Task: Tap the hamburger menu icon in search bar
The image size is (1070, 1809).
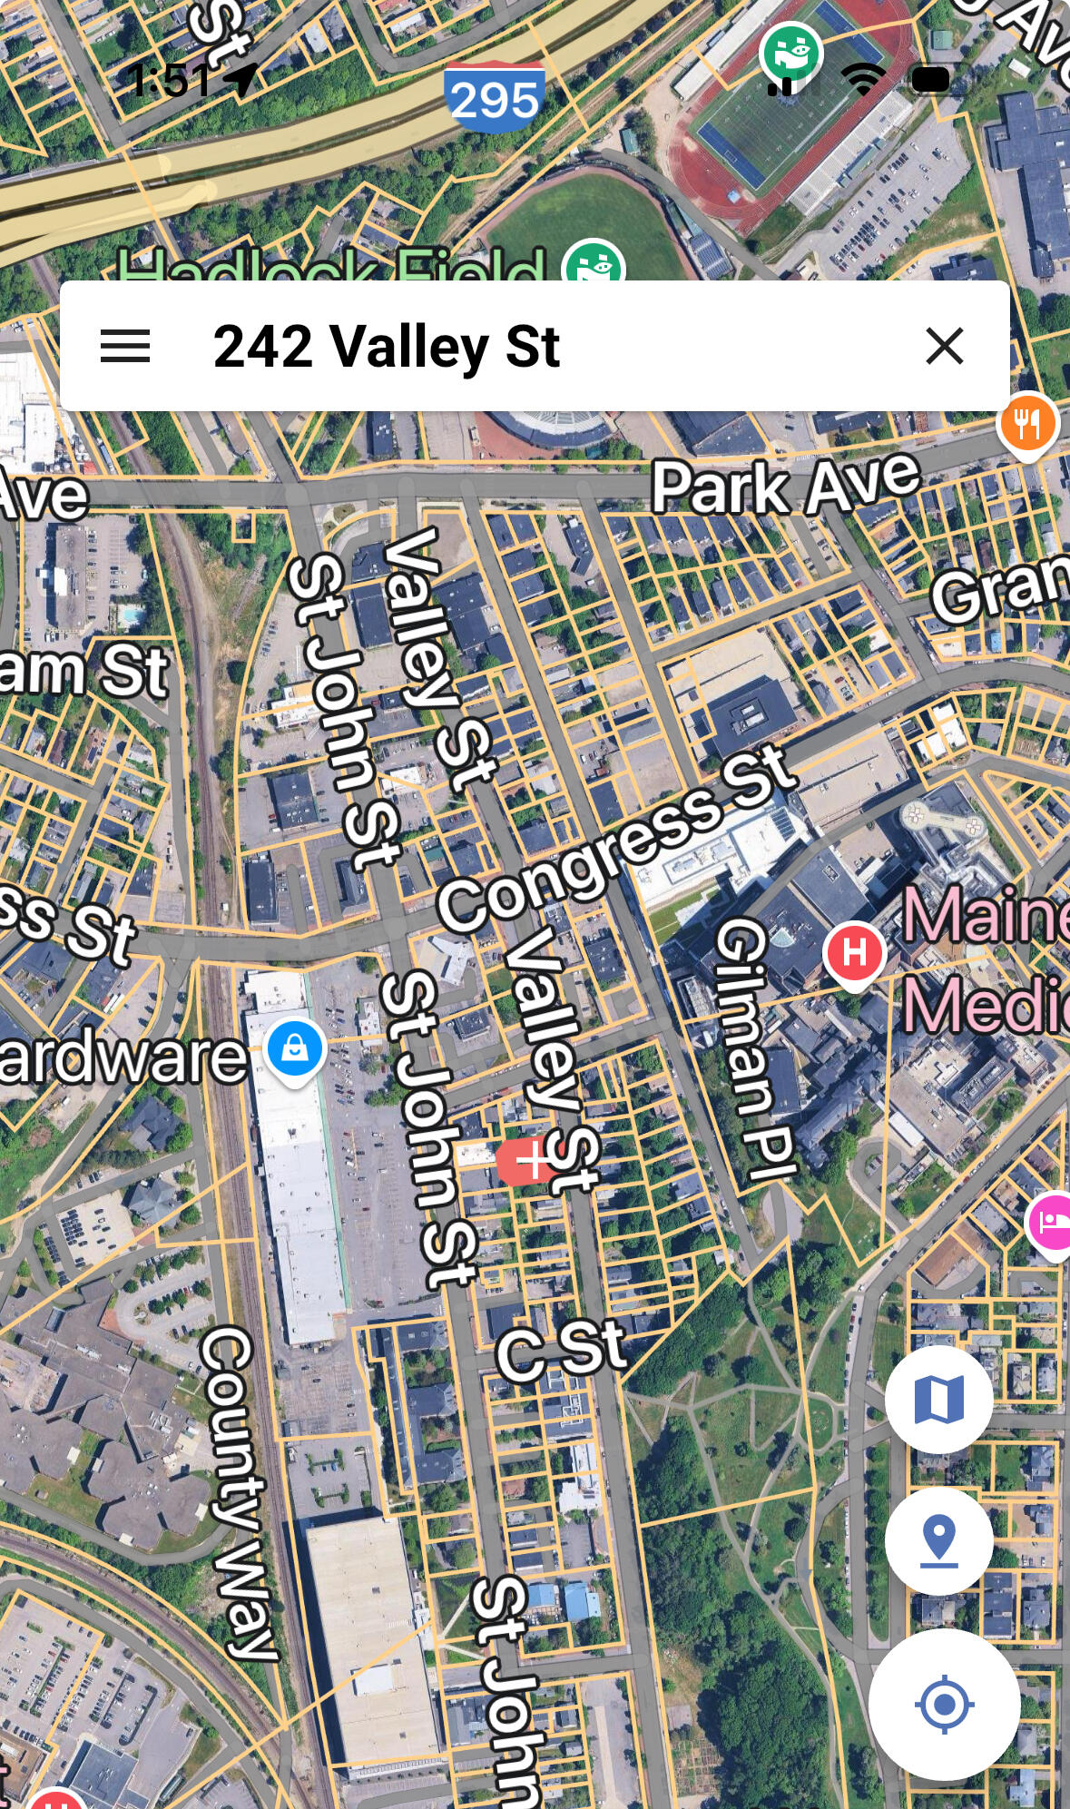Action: point(125,346)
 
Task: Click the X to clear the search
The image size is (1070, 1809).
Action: point(944,346)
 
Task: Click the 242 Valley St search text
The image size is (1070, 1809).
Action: point(387,346)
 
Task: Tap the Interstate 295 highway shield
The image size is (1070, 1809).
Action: point(494,96)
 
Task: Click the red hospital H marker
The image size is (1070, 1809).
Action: point(854,952)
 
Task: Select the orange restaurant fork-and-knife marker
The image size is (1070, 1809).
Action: point(1026,423)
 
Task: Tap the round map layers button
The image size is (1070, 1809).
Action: point(938,1399)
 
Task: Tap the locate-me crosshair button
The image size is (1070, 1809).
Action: point(944,1704)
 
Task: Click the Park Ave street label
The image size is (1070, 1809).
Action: point(785,485)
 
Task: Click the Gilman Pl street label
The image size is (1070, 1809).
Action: point(755,1048)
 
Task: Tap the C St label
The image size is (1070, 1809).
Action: point(561,1350)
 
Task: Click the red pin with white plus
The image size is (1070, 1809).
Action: point(527,1161)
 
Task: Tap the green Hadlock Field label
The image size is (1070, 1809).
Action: point(331,266)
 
